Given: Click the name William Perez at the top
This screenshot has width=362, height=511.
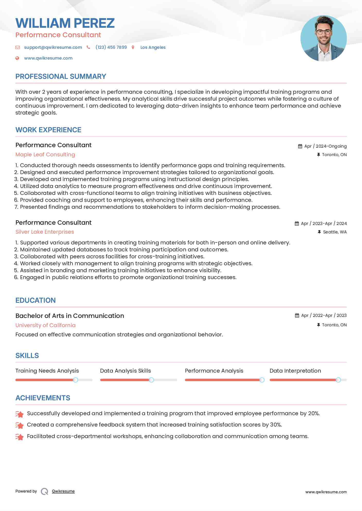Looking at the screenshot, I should coord(65,23).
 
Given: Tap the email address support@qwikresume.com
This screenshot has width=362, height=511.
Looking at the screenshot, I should coord(53,47).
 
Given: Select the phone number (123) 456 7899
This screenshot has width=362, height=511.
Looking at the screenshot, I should coord(111,47).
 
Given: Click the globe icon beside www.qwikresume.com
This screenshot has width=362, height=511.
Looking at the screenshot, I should coord(17,58).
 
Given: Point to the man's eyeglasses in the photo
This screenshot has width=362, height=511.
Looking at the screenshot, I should coord(323,32).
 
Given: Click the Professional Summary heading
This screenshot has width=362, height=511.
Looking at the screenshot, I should coord(61,77).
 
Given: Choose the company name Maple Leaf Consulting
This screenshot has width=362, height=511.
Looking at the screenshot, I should coord(45,155).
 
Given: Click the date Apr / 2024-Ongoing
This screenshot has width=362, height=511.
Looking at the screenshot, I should coord(325,146).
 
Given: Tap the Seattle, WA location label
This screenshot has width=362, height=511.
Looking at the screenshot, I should coord(335,232).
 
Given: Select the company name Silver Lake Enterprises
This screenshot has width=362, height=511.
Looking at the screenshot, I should coord(45,232).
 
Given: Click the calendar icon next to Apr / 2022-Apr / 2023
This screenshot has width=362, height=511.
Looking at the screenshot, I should coord(297,315).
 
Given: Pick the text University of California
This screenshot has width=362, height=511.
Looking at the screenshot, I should coord(46,325).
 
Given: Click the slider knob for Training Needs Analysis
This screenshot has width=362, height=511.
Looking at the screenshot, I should coord(75,380).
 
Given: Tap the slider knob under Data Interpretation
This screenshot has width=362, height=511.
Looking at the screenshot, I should coord(338,380).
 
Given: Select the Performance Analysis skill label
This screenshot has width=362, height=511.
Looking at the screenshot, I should coord(214,371).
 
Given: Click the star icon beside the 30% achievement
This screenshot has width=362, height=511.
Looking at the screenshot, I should coord(20,425).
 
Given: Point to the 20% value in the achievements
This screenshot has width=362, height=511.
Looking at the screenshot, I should coord(314,413).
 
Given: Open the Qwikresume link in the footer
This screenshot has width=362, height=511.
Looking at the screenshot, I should coord(63,491).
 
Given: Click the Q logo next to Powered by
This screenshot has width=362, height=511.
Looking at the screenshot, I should coord(45,491).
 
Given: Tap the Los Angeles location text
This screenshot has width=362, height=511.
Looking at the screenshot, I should coord(153,47).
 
